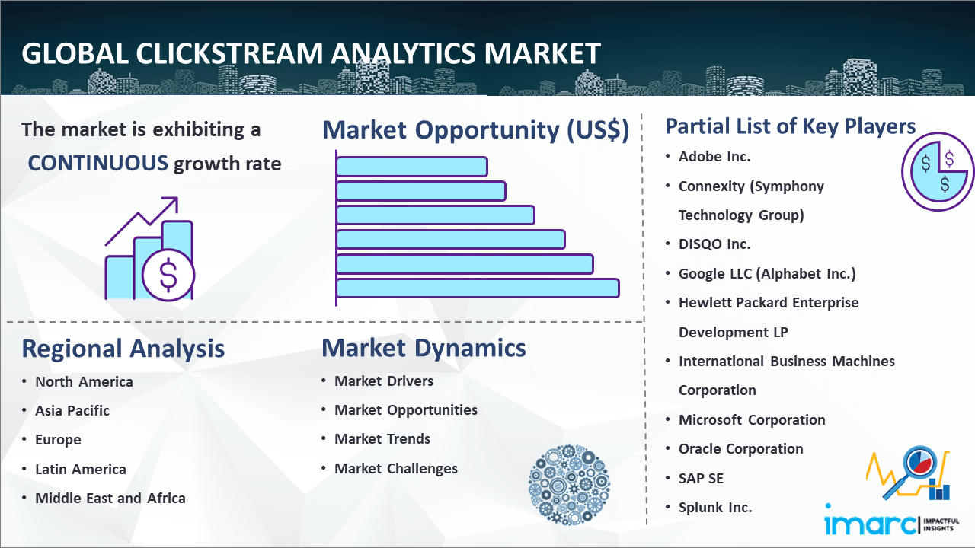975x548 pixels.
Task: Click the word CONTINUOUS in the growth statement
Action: tap(98, 164)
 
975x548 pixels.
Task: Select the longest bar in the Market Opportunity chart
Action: tap(478, 288)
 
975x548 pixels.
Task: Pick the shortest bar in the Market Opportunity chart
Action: tap(412, 167)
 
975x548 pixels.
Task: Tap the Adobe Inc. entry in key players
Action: tap(714, 157)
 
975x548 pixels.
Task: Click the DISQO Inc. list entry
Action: tap(714, 244)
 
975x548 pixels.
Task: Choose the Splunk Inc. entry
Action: tap(715, 508)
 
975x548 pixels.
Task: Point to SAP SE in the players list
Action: tap(701, 479)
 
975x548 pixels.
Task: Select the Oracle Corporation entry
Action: tap(741, 449)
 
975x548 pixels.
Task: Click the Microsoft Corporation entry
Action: tap(752, 419)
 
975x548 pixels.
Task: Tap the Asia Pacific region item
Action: tap(72, 410)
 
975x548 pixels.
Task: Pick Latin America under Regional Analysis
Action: tap(81, 470)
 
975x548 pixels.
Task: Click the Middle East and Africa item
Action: tap(110, 499)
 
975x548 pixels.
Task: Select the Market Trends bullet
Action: tap(382, 439)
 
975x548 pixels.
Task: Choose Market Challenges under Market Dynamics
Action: tap(395, 469)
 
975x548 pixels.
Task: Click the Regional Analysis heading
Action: tap(123, 349)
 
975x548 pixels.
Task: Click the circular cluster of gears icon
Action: tap(569, 485)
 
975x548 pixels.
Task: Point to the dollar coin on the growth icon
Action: tap(168, 276)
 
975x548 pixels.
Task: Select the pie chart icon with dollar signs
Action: tap(938, 172)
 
